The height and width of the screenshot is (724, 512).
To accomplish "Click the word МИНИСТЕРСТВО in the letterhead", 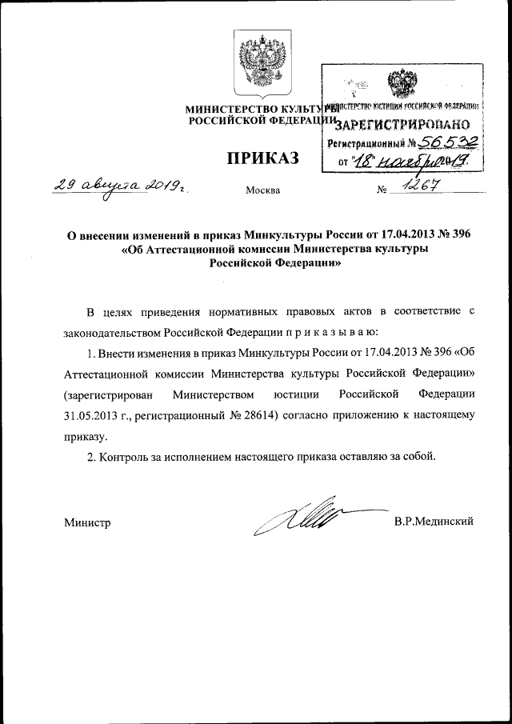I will (x=226, y=108).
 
